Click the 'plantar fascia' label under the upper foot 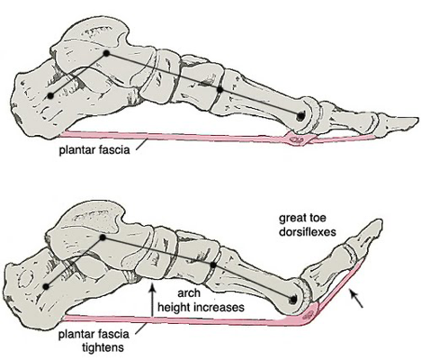94,149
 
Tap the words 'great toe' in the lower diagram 302,218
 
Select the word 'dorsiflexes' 308,232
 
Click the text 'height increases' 201,307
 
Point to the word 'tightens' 103,347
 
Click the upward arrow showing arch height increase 153,301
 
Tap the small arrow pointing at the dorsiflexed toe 356,299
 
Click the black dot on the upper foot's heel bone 50,95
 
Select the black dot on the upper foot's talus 106,53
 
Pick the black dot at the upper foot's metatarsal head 300,115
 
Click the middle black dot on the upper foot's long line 220,89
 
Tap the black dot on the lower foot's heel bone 46,286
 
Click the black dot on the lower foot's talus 103,238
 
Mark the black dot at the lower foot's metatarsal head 293,299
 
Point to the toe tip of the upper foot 418,119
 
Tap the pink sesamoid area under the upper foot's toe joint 298,139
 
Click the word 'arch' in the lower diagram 189,293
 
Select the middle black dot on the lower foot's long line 213,265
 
